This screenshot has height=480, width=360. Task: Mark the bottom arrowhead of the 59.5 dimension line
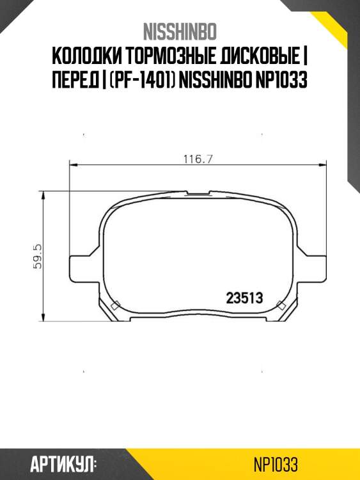[x=44, y=319]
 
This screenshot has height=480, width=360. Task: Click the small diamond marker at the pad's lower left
[x=114, y=306]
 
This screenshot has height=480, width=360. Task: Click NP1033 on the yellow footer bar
[x=276, y=464]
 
